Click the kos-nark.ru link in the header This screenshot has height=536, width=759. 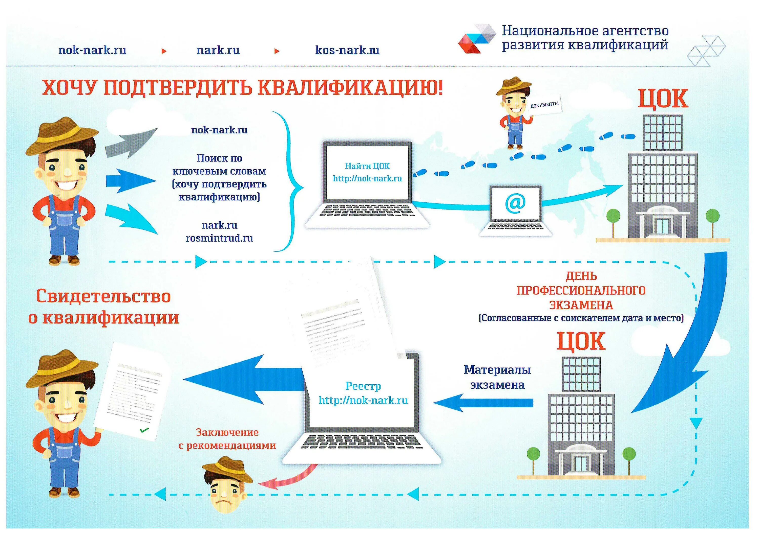click(347, 50)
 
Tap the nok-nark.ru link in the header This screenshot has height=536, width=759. click(92, 50)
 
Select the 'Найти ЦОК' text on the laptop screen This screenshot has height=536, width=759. click(367, 166)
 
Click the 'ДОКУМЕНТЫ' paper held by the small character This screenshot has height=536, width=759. click(544, 105)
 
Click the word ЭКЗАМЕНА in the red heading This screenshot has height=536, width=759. click(581, 305)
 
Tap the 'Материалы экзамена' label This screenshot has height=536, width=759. click(497, 377)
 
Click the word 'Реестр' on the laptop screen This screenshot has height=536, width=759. click(363, 386)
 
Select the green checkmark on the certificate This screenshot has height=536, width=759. click(144, 430)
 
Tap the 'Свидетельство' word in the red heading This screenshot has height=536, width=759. click(103, 296)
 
